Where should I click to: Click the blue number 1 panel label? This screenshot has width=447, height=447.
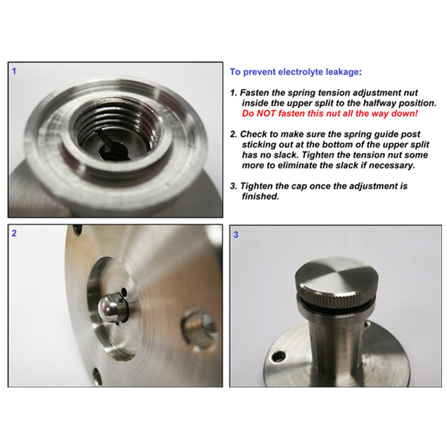coord(14,71)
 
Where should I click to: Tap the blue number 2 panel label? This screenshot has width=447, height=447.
coord(14,233)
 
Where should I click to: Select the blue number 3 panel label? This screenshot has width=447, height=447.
coord(236,235)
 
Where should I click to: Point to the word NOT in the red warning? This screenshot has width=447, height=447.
coord(268,114)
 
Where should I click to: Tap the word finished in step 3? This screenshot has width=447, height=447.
coord(260,196)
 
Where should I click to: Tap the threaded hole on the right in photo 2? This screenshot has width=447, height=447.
coord(199,331)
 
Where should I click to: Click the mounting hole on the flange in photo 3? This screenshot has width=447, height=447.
coord(279,356)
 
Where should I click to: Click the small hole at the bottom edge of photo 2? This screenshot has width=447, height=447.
coord(97,376)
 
